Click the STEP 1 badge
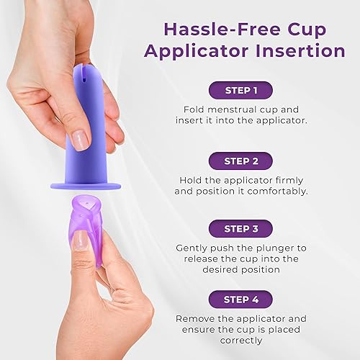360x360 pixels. tap(241, 90)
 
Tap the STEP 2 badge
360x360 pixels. tap(241, 159)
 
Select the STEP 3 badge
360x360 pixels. tap(241, 228)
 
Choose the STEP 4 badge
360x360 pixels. tap(241, 297)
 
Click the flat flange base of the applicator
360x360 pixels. tap(84, 186)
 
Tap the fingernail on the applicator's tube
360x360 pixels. tap(81, 140)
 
